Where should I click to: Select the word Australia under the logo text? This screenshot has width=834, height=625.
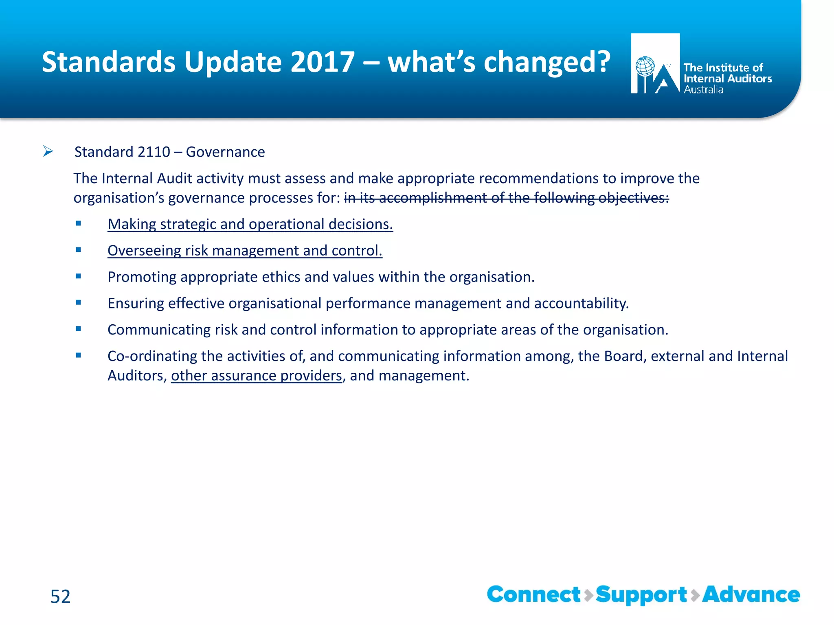(x=703, y=90)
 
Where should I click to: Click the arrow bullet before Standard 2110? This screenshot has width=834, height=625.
(x=48, y=152)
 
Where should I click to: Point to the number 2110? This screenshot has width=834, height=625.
(x=154, y=152)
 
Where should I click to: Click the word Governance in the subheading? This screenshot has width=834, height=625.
(x=225, y=152)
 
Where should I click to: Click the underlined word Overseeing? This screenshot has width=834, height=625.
(x=144, y=251)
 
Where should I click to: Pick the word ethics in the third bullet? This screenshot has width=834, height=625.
(x=281, y=277)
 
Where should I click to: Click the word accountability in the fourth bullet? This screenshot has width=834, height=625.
(x=581, y=304)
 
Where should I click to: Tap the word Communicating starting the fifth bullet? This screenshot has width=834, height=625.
(x=159, y=330)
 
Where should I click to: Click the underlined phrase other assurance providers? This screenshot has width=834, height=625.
(x=256, y=376)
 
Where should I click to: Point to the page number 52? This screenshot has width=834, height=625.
(x=60, y=597)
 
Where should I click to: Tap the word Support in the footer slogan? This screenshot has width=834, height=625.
(x=641, y=595)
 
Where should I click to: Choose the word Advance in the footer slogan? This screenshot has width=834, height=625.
(x=751, y=595)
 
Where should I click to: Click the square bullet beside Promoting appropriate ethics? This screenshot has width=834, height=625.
(x=79, y=276)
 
